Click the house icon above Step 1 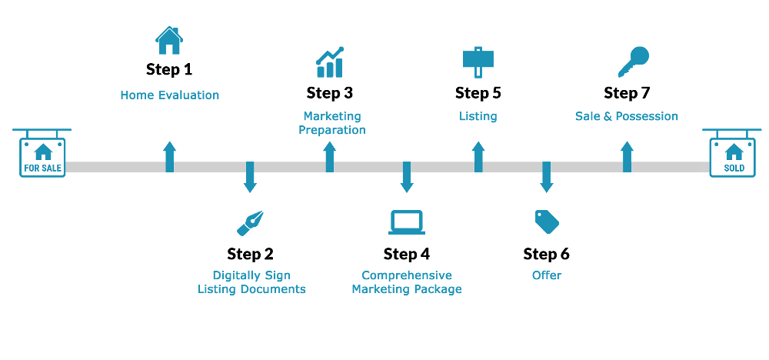(169, 41)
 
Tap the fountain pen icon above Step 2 (250, 223)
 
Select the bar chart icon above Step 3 (330, 62)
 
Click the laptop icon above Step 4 (407, 222)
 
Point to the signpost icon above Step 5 (478, 62)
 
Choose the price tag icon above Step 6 (546, 222)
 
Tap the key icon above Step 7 (633, 62)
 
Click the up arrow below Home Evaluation (170, 157)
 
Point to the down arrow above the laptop (407, 177)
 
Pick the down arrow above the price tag (546, 177)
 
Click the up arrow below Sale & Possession (627, 157)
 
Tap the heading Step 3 (330, 93)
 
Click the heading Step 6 (546, 254)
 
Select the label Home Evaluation (170, 95)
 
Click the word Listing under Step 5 (478, 117)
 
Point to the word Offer (547, 275)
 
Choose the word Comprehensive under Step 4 (407, 275)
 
